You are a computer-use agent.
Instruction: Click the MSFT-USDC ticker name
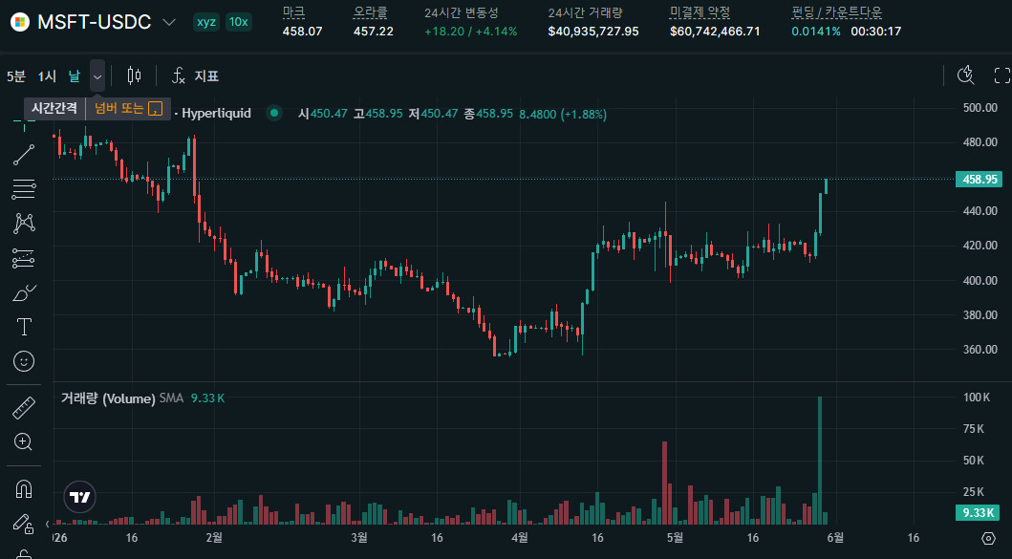click(x=95, y=22)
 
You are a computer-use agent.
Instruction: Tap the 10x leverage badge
click(x=239, y=22)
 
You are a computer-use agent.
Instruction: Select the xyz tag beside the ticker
click(x=206, y=22)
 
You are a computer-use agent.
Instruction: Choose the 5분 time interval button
click(x=16, y=76)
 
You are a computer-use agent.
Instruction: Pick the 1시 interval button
click(x=47, y=76)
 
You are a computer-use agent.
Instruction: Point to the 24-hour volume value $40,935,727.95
click(x=593, y=31)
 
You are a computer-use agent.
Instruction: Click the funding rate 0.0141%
click(x=816, y=31)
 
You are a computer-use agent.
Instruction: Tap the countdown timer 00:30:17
click(x=875, y=31)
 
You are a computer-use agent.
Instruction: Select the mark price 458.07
click(x=302, y=31)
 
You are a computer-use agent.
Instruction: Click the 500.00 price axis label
click(x=980, y=108)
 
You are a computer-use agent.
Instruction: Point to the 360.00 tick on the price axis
click(x=980, y=349)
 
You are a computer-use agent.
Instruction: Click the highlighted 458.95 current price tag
click(x=979, y=180)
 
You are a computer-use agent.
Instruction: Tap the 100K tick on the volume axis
click(x=976, y=398)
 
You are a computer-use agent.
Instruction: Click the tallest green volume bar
click(x=820, y=461)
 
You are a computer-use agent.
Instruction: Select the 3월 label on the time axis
click(x=359, y=538)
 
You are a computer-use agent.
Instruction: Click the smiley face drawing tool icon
click(x=24, y=361)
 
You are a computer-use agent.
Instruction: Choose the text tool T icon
click(x=24, y=327)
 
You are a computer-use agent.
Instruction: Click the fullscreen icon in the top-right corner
click(x=1001, y=75)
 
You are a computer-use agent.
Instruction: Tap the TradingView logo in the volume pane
click(x=80, y=497)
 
